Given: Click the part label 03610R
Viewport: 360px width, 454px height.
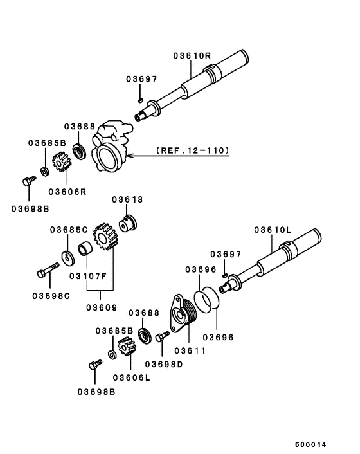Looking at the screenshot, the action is pos(192,55).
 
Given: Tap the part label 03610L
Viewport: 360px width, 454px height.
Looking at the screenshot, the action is pos(273,230).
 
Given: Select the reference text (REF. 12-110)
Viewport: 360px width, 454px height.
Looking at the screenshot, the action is pos(193,150).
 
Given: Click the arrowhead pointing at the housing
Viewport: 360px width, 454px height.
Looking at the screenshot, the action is pos(129,156).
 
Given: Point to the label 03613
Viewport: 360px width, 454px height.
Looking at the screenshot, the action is pos(128,199).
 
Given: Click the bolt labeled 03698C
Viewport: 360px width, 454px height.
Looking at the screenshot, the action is pos(48,270).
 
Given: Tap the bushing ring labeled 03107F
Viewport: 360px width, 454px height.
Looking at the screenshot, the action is pos(85,250).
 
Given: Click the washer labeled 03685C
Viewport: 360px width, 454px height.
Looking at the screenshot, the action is pos(68,258).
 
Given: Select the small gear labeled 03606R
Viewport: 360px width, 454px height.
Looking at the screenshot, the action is pos(62,161).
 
